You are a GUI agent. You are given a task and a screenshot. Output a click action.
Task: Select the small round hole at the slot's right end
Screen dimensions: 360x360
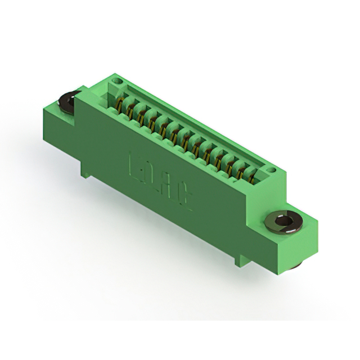point(271,169)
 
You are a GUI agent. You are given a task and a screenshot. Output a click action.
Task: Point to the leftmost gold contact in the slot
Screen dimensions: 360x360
point(121,104)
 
